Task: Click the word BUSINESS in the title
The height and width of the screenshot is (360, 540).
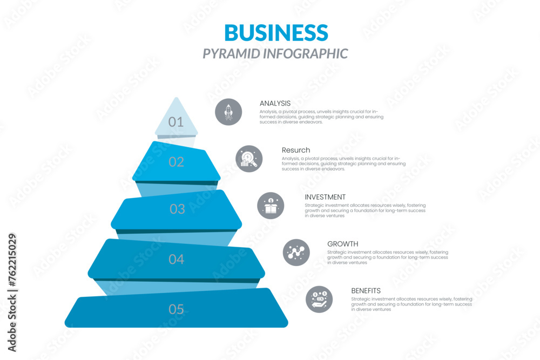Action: [x=276, y=33]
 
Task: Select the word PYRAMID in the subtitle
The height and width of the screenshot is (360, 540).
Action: [x=231, y=53]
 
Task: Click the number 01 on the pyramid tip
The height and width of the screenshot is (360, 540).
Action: [x=176, y=122]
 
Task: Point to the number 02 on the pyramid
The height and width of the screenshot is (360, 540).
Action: [x=177, y=162]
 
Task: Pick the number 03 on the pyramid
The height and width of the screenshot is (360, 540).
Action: [x=177, y=209]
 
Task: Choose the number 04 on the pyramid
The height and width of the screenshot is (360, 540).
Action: [x=177, y=260]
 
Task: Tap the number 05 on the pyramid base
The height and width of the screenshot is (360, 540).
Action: [x=177, y=310]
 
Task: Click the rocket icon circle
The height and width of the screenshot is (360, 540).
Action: [x=228, y=112]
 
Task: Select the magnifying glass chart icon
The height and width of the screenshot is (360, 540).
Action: [x=249, y=159]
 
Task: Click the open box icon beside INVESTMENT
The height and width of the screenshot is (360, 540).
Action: [x=271, y=206]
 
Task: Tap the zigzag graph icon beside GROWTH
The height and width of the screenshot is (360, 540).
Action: [x=296, y=252]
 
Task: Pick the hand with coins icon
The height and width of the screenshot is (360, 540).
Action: [x=319, y=299]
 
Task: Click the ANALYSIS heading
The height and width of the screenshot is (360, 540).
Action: [x=275, y=103]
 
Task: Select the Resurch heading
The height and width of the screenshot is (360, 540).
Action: [x=296, y=150]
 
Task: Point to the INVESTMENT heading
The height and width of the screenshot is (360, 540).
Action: [x=325, y=197]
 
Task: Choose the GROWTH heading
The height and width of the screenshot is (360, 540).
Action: [x=343, y=244]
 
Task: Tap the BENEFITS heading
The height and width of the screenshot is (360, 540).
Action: [x=366, y=291]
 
